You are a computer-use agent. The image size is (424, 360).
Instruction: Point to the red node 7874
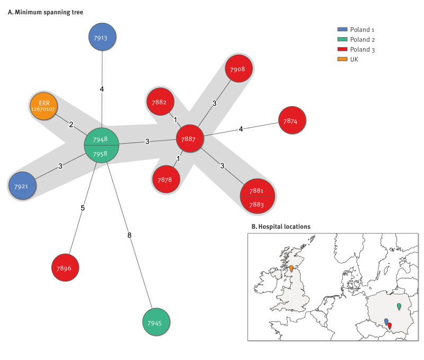coord(290,121)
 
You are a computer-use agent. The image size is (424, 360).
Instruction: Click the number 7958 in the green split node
coord(102,153)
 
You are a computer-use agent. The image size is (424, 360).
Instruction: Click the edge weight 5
coord(83,208)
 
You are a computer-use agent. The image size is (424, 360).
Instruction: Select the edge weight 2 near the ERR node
coord(70,125)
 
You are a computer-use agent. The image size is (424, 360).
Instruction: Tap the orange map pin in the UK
coord(291,268)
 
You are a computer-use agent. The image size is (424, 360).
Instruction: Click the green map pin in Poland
coord(399,306)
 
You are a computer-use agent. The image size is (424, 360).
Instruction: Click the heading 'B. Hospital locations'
coord(280,226)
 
